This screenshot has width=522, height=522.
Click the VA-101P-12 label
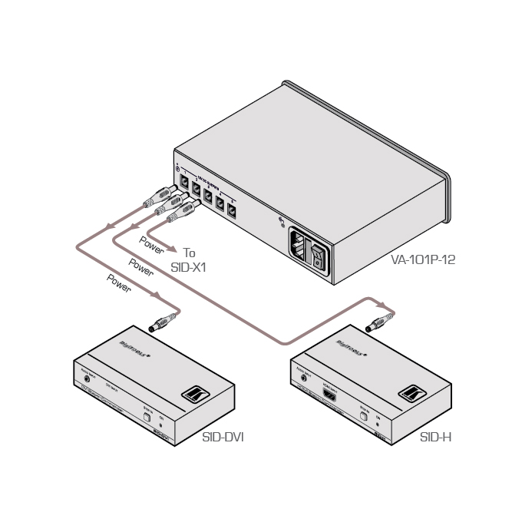coord(423,260)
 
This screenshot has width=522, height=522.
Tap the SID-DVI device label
coord(223,438)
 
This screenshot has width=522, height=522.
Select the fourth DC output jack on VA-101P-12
coord(220,203)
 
